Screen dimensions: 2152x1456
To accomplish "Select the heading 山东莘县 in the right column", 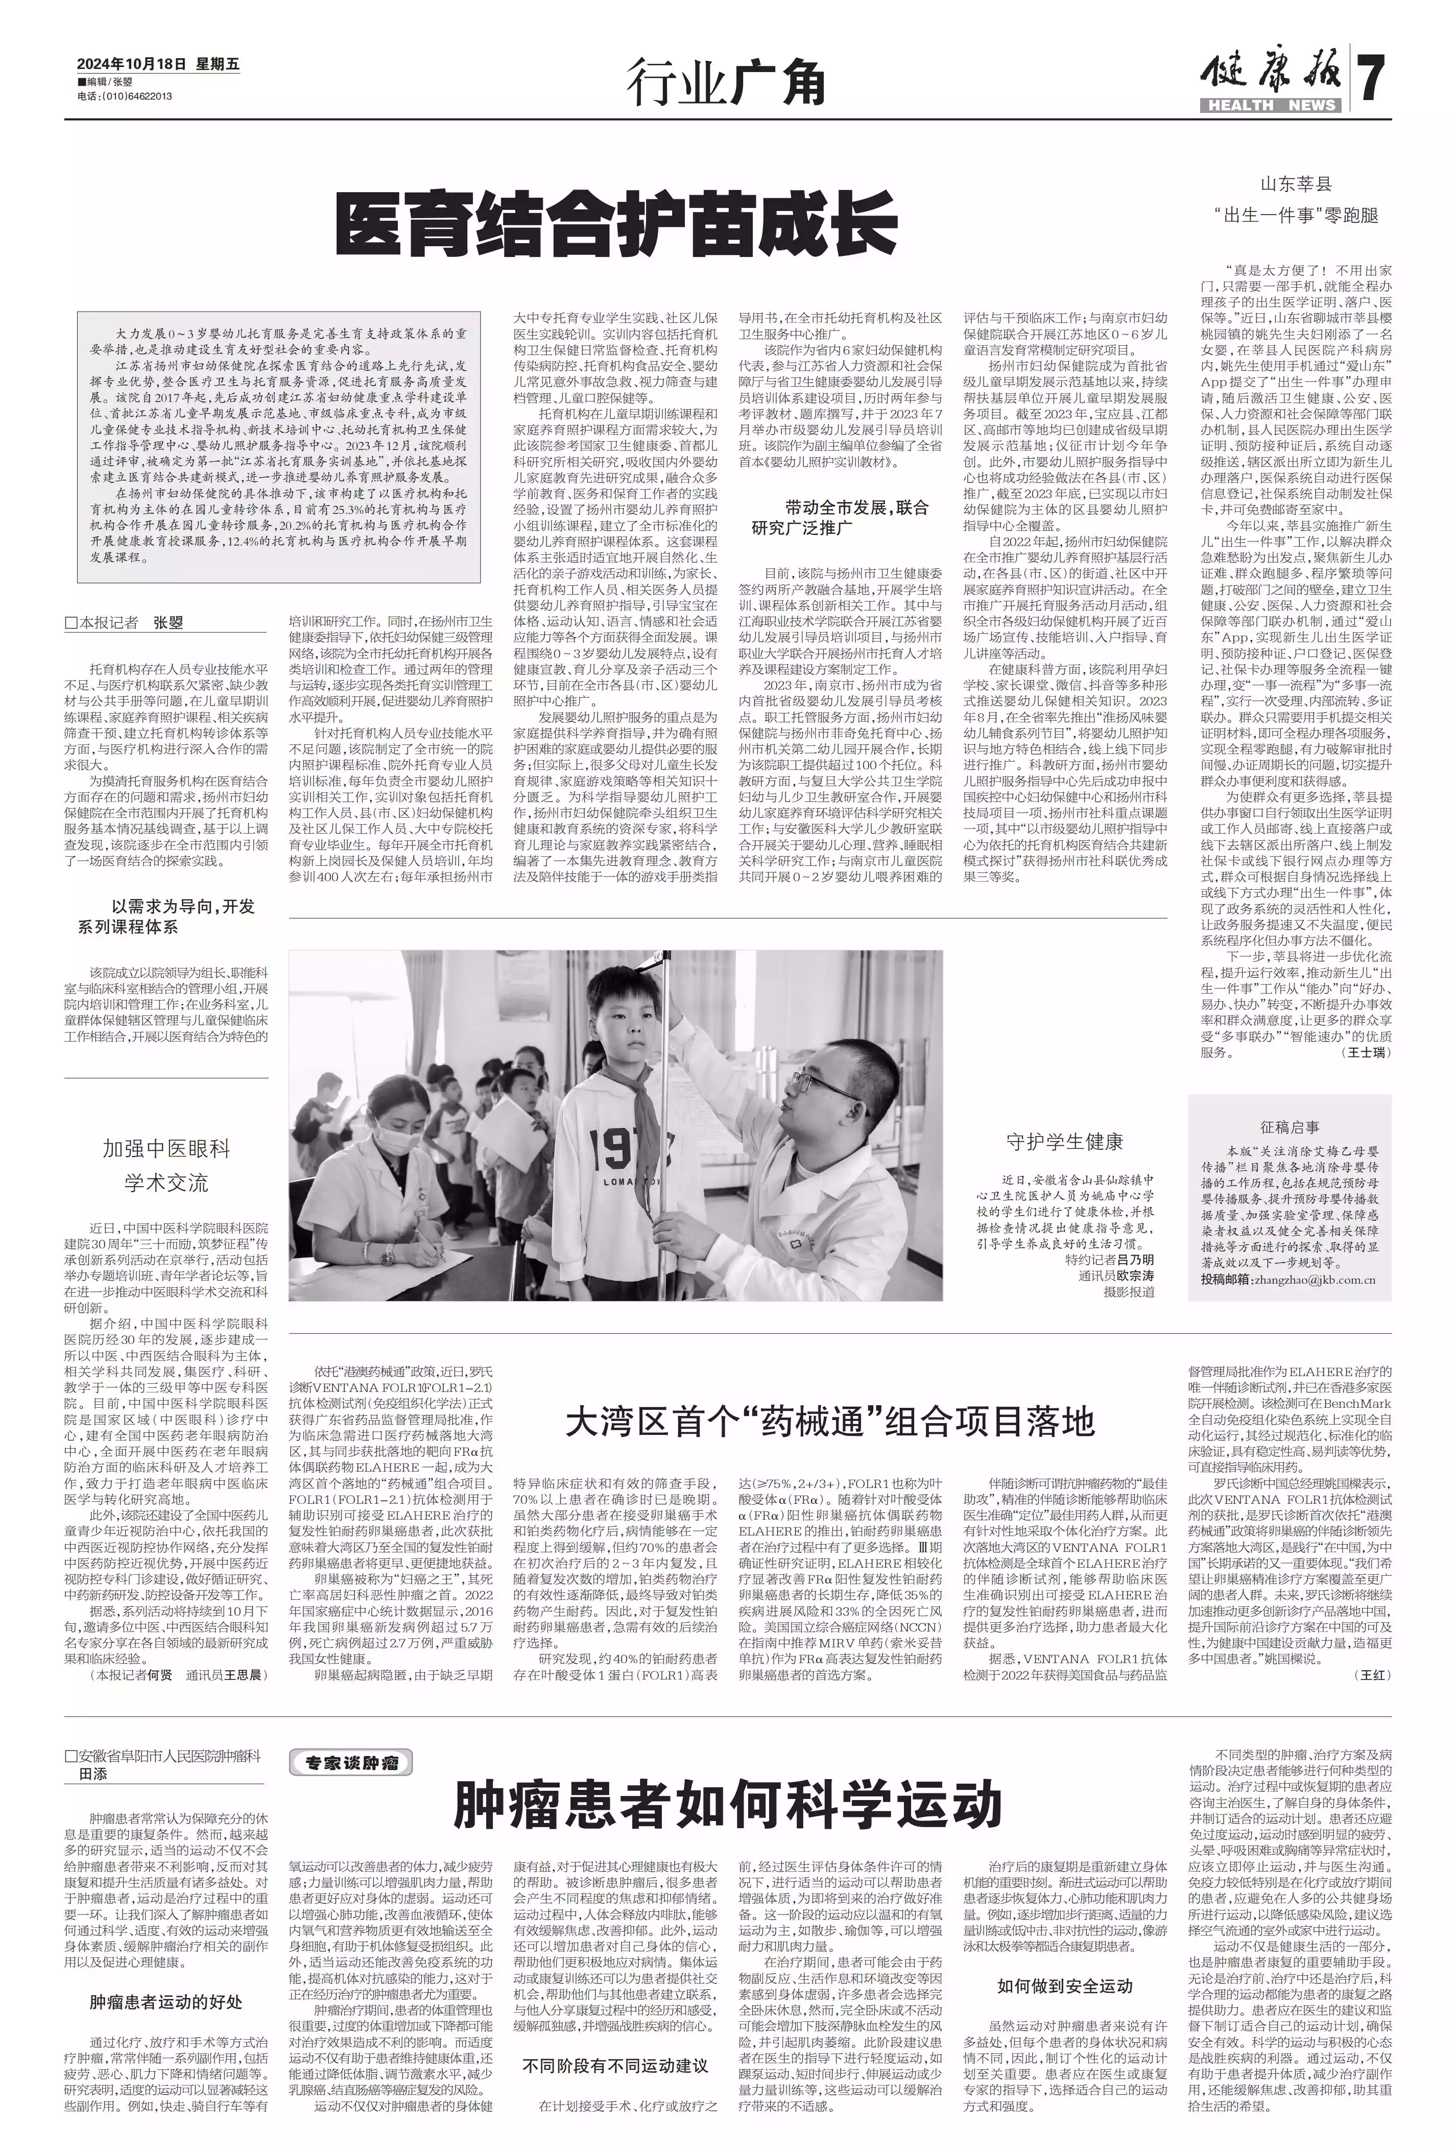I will click(1295, 183).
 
